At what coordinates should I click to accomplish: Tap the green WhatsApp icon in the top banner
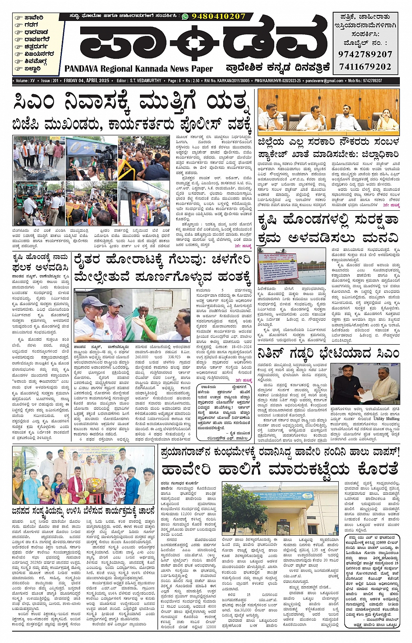pos(185,16)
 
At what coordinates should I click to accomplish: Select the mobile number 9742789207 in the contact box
pos(365,55)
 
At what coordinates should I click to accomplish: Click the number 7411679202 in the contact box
pos(365,67)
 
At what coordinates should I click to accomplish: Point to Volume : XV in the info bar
pos(26,81)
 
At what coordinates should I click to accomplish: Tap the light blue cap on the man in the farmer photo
pos(91,301)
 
